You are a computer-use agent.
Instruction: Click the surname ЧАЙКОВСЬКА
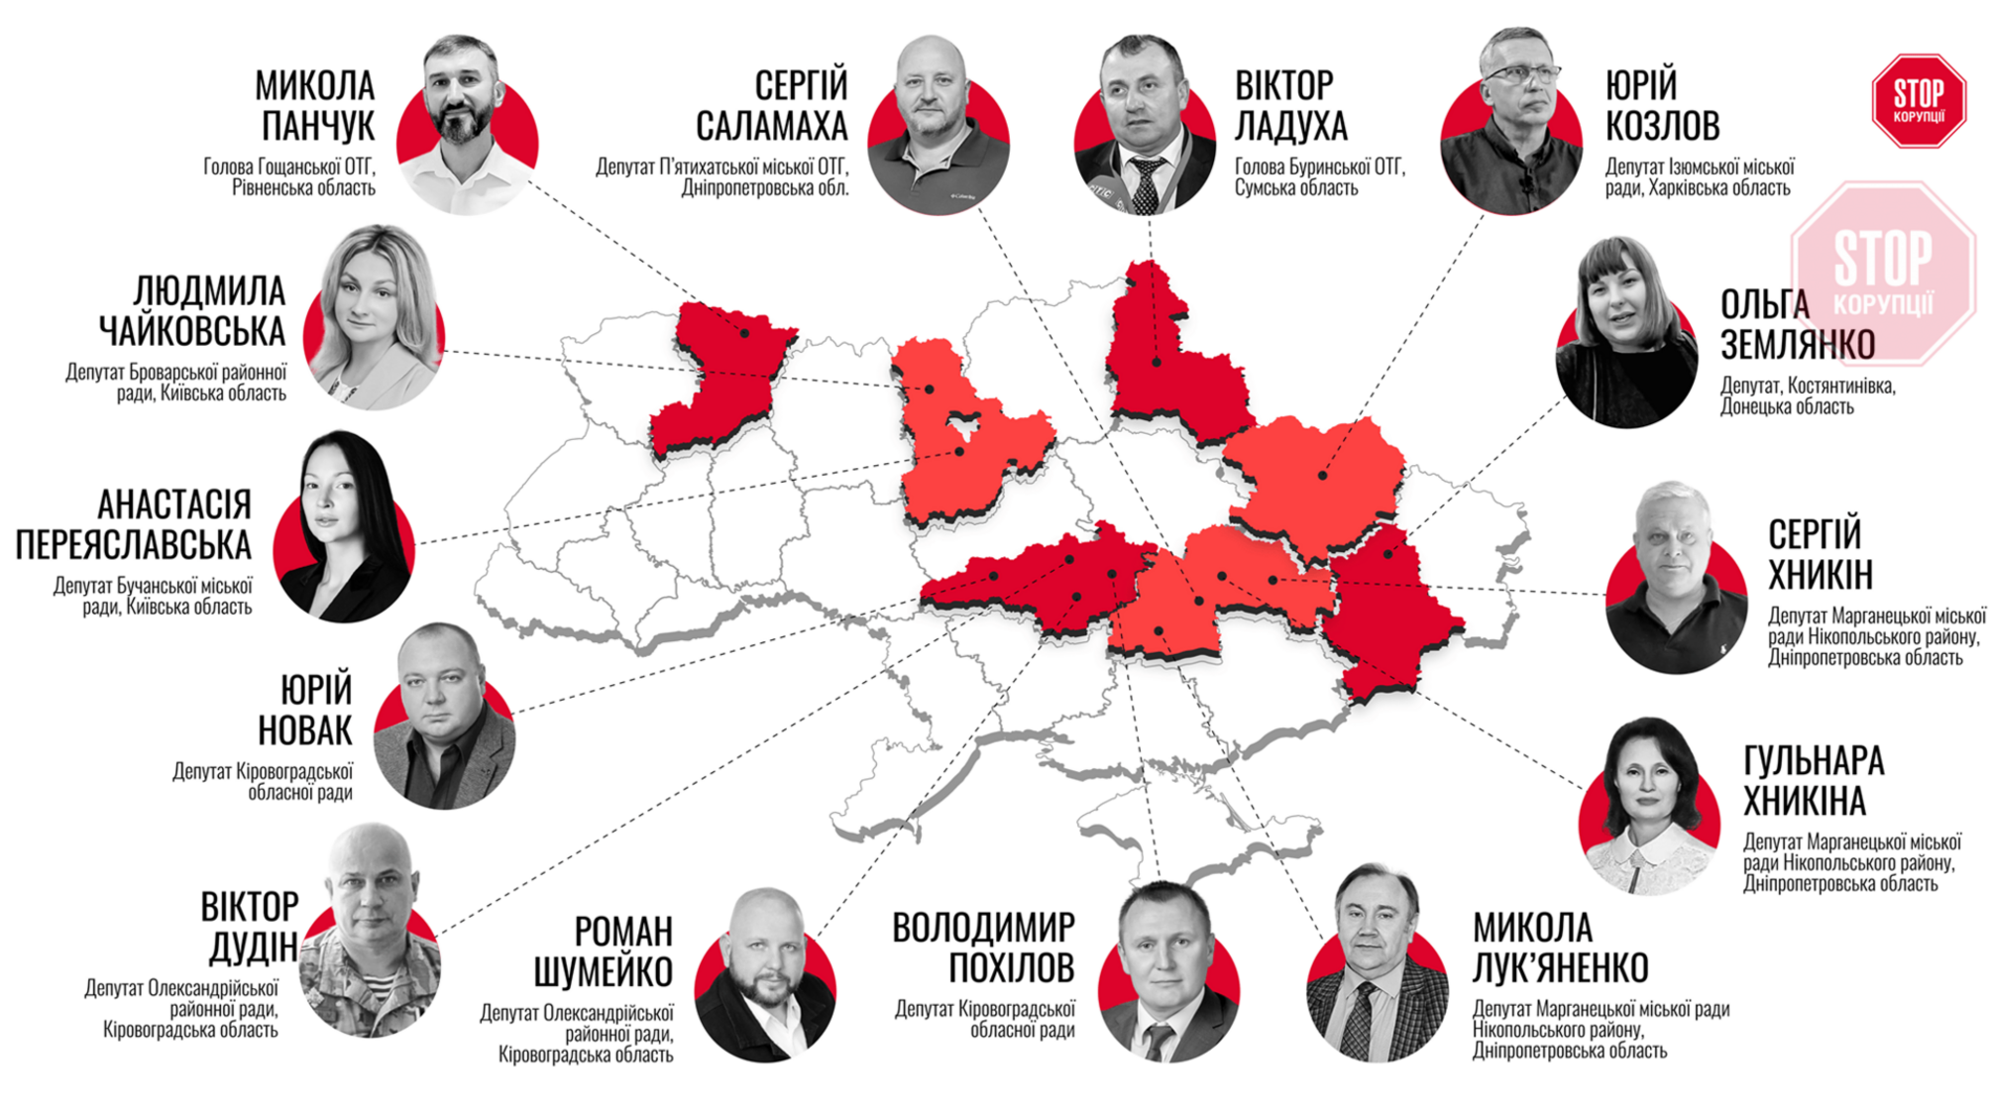click(x=192, y=331)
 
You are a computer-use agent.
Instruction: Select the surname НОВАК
click(x=304, y=730)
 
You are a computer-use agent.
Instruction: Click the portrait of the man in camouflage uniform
click(x=369, y=932)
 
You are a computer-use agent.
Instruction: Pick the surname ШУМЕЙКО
click(x=603, y=972)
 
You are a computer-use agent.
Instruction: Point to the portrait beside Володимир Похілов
click(x=1168, y=972)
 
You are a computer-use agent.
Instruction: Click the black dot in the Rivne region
click(x=745, y=334)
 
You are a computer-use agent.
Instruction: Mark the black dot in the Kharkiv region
click(x=1322, y=476)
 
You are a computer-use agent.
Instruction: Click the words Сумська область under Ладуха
click(x=1295, y=188)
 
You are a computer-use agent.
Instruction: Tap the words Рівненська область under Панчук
click(x=303, y=188)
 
